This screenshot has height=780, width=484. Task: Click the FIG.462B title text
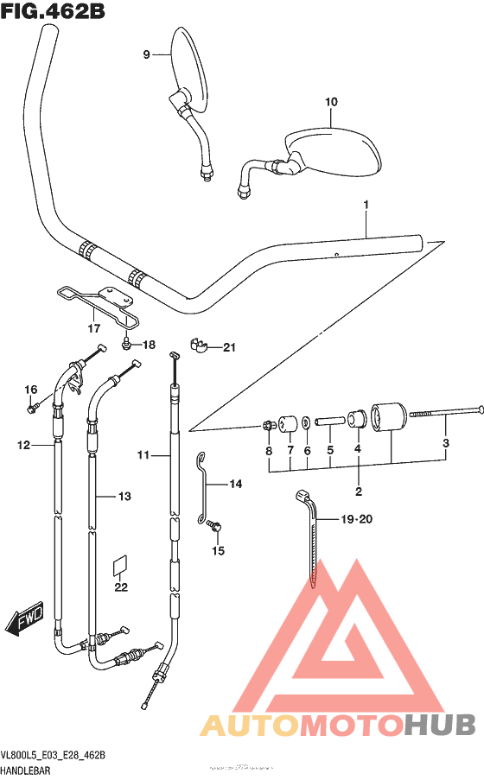(x=44, y=11)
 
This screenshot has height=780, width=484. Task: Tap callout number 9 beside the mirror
(x=147, y=54)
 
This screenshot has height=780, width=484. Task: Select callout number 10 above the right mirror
(x=330, y=102)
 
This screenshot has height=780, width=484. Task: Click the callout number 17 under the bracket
(x=93, y=328)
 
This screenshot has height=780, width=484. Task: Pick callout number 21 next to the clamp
(x=228, y=348)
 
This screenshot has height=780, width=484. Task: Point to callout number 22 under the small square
(x=121, y=587)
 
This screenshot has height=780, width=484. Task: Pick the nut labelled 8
(x=270, y=425)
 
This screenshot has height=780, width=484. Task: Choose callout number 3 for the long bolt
(x=446, y=444)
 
